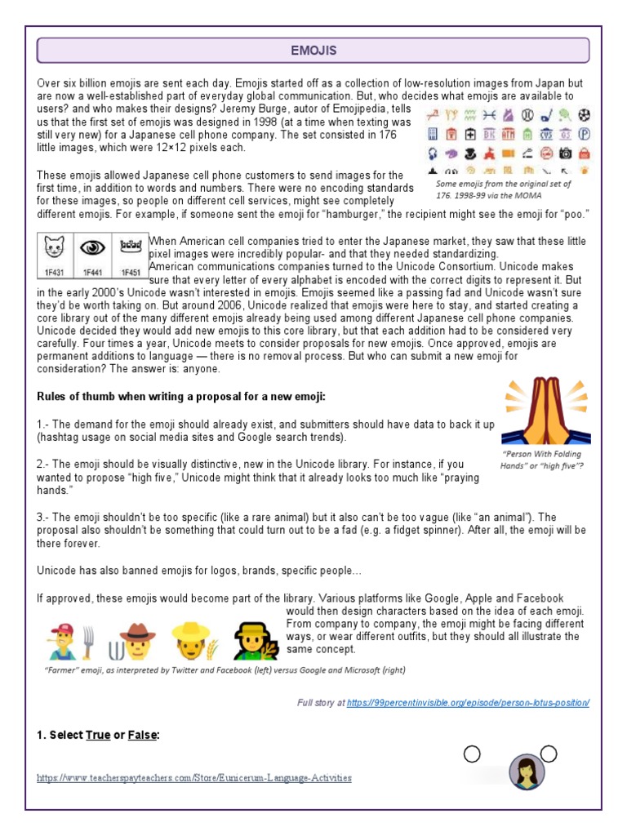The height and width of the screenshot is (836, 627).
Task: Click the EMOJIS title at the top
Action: pyautogui.click(x=313, y=51)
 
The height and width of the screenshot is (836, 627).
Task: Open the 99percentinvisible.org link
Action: pyautogui.click(x=468, y=703)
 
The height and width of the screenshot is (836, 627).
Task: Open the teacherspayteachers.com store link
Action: pyautogui.click(x=194, y=778)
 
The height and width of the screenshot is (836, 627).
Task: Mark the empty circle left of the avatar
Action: pyautogui.click(x=471, y=754)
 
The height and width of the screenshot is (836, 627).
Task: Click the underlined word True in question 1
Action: pyautogui.click(x=98, y=735)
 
